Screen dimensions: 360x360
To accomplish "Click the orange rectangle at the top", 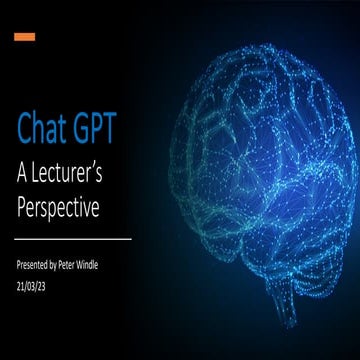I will [25, 37].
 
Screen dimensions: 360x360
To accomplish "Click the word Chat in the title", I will [44, 129].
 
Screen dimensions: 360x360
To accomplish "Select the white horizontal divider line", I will [74, 240].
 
